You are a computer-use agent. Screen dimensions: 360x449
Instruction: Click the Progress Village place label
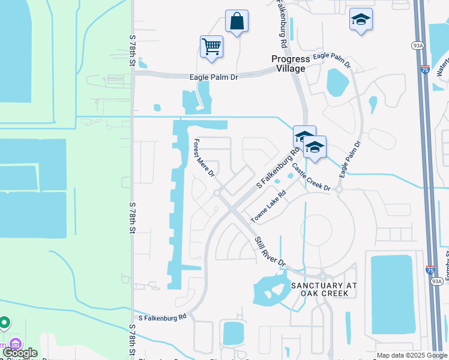(x=291, y=64)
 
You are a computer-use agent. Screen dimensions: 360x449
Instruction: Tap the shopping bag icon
(x=237, y=22)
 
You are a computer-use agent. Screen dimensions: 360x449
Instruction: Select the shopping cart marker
(x=212, y=46)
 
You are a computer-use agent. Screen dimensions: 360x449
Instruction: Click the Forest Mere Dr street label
(x=203, y=158)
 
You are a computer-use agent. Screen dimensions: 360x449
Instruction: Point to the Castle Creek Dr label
(x=310, y=176)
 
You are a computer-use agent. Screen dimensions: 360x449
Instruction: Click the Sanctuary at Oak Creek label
(x=325, y=289)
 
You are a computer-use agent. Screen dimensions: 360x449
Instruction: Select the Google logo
(x=20, y=353)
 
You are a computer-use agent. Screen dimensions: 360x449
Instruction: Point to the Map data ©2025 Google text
(x=411, y=355)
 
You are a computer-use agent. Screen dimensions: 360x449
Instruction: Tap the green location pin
(x=4, y=323)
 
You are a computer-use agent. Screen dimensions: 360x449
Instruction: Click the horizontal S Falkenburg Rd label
(x=163, y=317)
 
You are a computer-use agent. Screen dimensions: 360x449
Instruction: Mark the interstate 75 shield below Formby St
(x=430, y=270)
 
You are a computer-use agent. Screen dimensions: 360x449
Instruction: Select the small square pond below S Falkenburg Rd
(x=233, y=333)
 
